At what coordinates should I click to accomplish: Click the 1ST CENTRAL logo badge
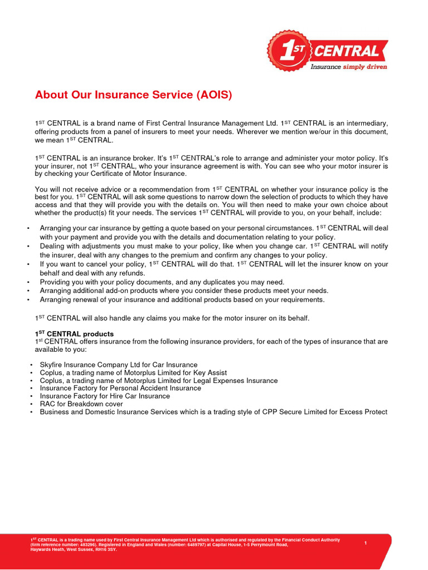click(x=289, y=51)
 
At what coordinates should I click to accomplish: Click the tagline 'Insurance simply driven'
click(x=348, y=67)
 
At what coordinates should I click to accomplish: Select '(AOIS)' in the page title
click(x=213, y=95)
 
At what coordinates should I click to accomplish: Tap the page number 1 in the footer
click(x=366, y=543)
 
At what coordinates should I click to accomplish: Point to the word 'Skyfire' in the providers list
click(x=52, y=365)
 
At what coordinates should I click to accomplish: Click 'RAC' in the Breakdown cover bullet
click(x=47, y=404)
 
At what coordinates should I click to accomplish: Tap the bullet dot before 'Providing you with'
click(x=28, y=282)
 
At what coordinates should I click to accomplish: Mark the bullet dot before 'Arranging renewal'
click(x=28, y=300)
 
